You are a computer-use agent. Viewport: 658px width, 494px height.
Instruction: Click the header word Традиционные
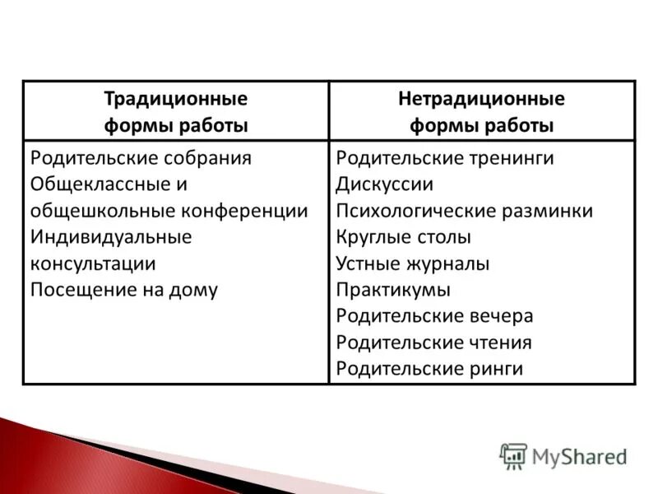[175, 100]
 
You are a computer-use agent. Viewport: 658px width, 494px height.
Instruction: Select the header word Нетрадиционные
[481, 100]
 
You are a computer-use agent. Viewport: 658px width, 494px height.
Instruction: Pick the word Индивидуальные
[110, 237]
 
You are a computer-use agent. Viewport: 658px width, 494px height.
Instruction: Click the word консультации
[92, 263]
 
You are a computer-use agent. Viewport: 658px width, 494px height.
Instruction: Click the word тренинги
[513, 158]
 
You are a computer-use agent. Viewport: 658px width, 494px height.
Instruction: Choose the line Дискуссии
[384, 184]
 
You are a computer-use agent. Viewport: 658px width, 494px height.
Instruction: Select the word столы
[444, 237]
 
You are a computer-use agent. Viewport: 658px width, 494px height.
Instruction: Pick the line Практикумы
[393, 290]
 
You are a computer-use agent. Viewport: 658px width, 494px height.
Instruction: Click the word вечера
[503, 316]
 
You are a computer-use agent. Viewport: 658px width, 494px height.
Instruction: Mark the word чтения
[502, 343]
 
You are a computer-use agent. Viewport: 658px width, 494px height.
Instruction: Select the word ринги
[498, 369]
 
